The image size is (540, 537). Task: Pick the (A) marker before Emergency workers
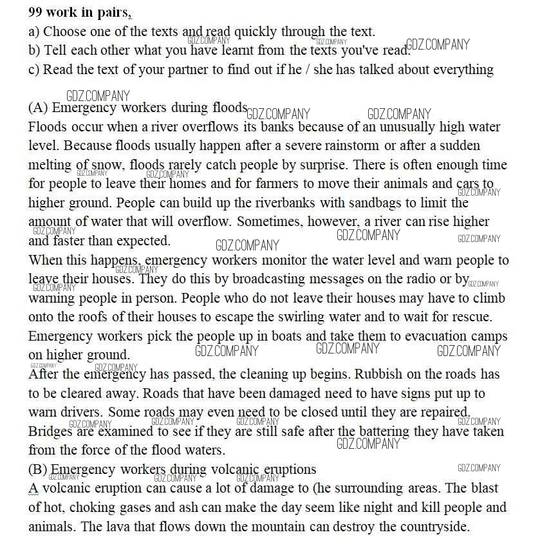click(38, 108)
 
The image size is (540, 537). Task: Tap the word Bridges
click(50, 431)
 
